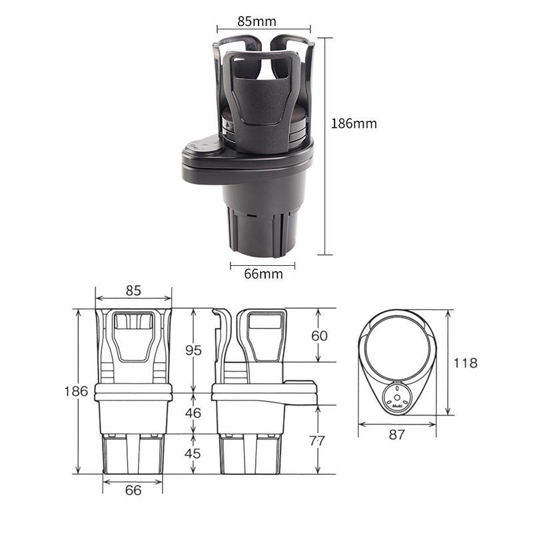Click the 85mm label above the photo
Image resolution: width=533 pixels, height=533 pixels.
pyautogui.click(x=257, y=21)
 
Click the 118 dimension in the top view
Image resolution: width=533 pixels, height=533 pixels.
pyautogui.click(x=464, y=363)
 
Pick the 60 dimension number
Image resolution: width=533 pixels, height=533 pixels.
pyautogui.click(x=320, y=336)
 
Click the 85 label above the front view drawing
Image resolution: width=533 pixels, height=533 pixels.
pyautogui.click(x=133, y=290)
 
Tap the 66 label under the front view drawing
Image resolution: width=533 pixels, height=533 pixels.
pyautogui.click(x=133, y=490)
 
